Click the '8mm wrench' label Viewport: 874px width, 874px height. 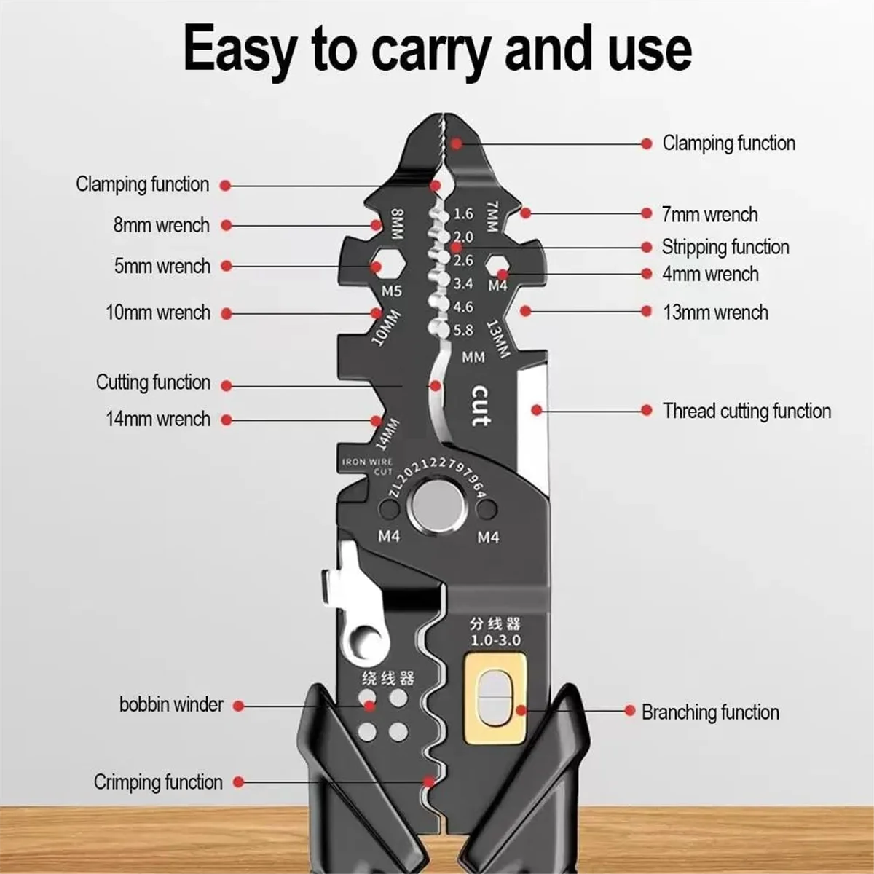pyautogui.click(x=161, y=225)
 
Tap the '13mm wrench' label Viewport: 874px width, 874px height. pyautogui.click(x=715, y=312)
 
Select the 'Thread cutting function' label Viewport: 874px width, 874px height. pyautogui.click(x=747, y=411)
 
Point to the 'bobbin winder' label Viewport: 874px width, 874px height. pyautogui.click(x=171, y=704)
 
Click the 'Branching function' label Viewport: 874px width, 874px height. pyautogui.click(x=710, y=712)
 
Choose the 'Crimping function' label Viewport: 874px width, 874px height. pyautogui.click(x=158, y=782)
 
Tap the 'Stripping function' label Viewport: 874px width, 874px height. pyautogui.click(x=725, y=247)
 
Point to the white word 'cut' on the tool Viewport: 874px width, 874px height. pyautogui.click(x=480, y=406)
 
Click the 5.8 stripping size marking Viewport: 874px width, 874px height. pyautogui.click(x=463, y=330)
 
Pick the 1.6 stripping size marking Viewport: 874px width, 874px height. pyautogui.click(x=463, y=213)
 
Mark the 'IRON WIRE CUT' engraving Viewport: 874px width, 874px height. pyautogui.click(x=368, y=466)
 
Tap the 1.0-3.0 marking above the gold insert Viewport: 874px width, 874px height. pyautogui.click(x=495, y=640)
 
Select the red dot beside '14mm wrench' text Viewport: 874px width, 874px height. pyautogui.click(x=227, y=420)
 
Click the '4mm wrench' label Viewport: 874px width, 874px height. pyautogui.click(x=710, y=275)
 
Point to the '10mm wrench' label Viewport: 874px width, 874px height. pyautogui.click(x=158, y=312)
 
